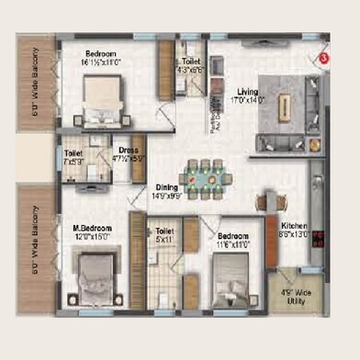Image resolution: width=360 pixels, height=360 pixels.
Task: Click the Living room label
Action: [x=248, y=91]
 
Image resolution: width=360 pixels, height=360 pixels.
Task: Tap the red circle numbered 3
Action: [x=323, y=58]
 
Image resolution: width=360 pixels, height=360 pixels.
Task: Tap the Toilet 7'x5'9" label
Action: [x=73, y=157]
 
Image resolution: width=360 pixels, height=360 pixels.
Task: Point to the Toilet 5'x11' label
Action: [x=164, y=236]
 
